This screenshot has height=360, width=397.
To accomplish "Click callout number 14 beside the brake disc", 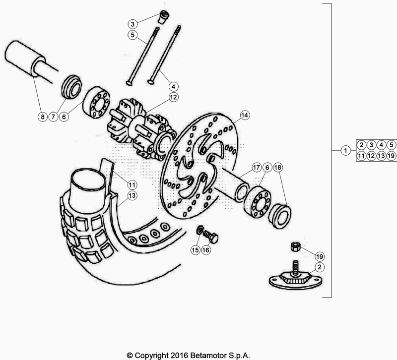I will point(244,115).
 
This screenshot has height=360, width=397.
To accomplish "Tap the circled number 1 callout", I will point(344,150).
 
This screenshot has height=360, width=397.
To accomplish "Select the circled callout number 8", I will point(43,117).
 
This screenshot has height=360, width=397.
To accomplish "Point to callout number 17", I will point(256,168).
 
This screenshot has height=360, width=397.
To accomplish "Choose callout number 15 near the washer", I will point(195,250).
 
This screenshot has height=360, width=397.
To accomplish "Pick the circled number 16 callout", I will point(206,250).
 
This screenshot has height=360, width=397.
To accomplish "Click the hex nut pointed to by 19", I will point(294,246).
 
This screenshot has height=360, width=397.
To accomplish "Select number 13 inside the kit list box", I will point(381,155).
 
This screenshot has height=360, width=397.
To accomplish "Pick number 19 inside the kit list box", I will point(391,155).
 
